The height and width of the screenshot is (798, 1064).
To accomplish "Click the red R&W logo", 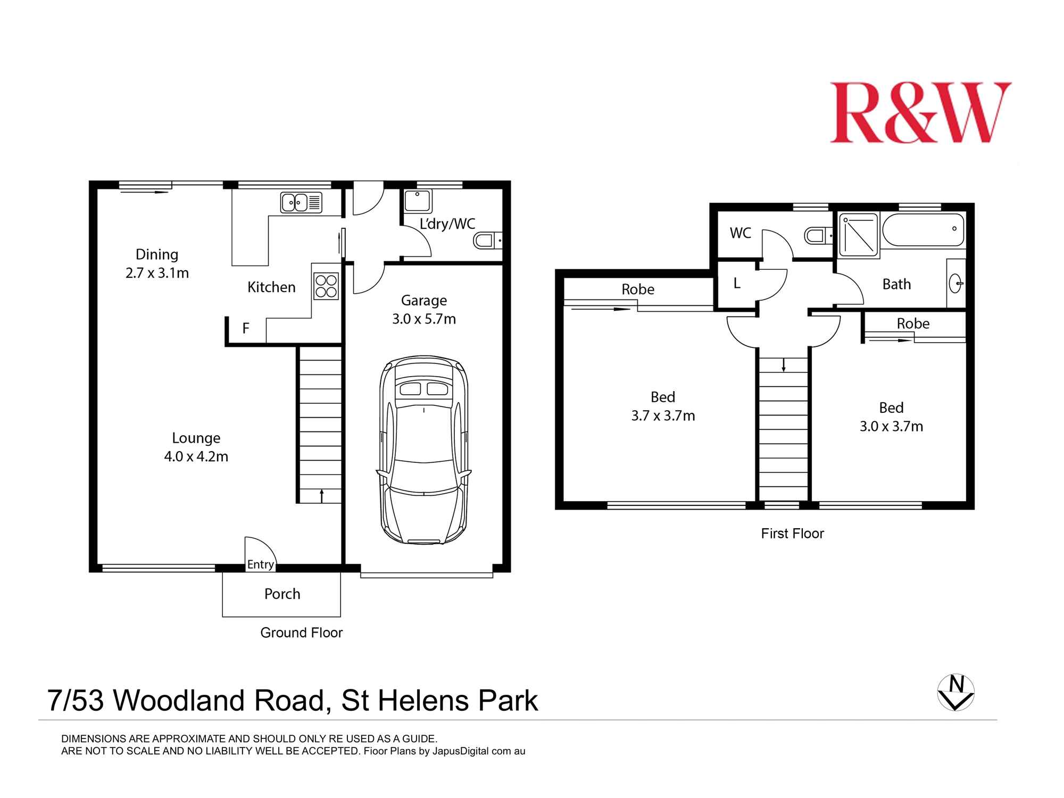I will coord(920,113).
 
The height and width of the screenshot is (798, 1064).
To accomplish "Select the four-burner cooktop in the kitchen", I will coord(326,286).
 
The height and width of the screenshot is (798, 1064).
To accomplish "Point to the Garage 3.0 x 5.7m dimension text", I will coord(424,319).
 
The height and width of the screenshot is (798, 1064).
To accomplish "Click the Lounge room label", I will coord(196,438).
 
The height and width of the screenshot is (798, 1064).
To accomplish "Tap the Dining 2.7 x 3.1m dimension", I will coord(157,273).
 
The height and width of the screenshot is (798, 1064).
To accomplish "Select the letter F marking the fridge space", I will coord(246,328).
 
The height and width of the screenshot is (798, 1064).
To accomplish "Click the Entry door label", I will coord(261,564).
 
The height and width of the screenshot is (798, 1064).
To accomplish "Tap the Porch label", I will coord(282,594).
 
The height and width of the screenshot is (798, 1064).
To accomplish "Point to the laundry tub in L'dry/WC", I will coord(417,202).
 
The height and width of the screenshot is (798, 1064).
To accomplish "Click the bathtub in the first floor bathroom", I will coord(923,230).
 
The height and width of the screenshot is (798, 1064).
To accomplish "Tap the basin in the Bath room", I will coord(955,283).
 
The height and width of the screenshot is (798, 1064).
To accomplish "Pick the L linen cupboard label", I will coord(737,284).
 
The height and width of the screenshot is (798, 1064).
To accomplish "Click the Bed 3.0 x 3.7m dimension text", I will coord(891,427).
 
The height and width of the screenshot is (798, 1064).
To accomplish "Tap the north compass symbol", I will coord(955,693).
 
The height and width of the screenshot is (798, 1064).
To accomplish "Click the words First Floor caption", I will coord(792,534).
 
